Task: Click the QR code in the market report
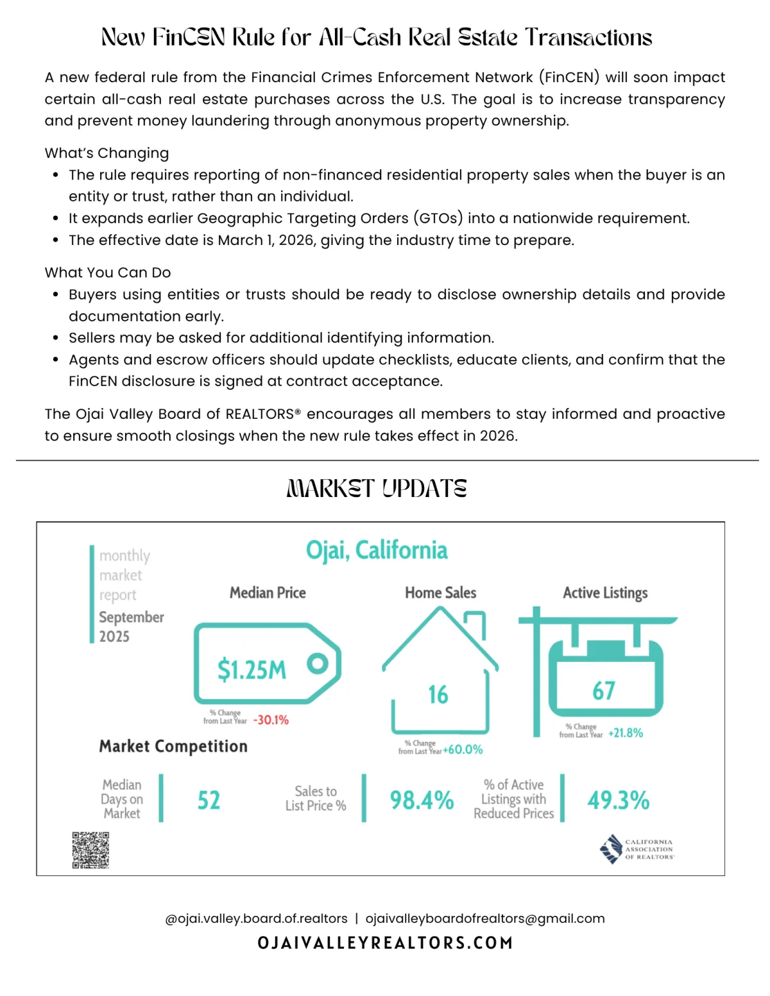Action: click(90, 850)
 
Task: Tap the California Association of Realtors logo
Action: click(637, 849)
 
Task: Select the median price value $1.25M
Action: click(252, 670)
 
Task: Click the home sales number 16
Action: click(438, 695)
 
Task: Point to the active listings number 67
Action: click(604, 691)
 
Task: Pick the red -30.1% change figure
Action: click(271, 720)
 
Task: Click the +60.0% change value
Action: click(463, 750)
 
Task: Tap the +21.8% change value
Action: click(626, 733)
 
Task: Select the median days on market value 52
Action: click(209, 800)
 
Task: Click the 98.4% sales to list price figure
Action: click(422, 800)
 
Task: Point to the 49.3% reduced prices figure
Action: click(618, 800)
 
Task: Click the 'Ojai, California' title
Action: click(377, 550)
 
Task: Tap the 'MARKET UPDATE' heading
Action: click(377, 489)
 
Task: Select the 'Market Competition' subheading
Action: click(173, 747)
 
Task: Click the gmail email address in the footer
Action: click(485, 918)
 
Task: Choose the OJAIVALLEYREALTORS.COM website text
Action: click(385, 943)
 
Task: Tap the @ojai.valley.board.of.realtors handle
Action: click(256, 918)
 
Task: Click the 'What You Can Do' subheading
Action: click(108, 273)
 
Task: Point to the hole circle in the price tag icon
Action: click(317, 663)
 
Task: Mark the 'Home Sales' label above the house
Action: click(440, 593)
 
